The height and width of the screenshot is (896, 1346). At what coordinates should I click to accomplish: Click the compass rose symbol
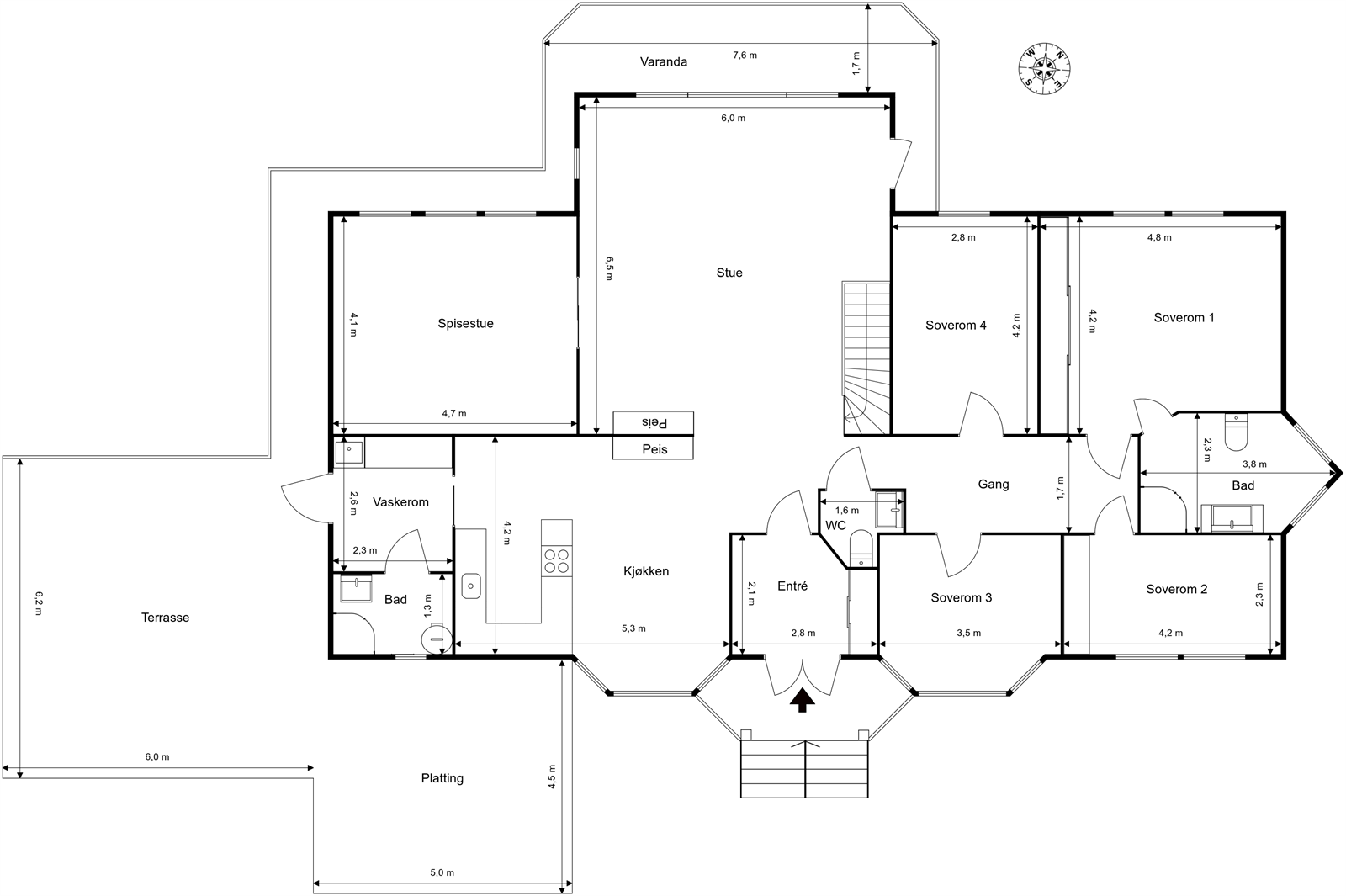(1044, 68)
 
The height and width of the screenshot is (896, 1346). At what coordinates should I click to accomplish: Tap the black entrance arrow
(803, 701)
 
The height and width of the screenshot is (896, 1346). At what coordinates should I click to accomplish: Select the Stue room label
(729, 273)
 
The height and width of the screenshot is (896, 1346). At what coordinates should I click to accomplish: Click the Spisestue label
(466, 323)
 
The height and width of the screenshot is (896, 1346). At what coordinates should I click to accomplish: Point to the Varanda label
(664, 62)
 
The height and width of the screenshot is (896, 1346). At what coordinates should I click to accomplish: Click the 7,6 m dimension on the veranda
(745, 56)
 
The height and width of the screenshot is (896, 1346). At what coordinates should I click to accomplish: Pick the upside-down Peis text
(654, 423)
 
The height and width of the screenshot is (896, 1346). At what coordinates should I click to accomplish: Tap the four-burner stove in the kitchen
(556, 561)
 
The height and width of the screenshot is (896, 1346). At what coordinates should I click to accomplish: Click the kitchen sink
(471, 586)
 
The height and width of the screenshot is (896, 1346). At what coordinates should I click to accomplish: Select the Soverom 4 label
(956, 326)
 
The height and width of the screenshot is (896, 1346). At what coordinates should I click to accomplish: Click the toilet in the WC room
(861, 549)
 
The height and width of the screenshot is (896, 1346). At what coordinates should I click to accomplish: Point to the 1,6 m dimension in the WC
(847, 510)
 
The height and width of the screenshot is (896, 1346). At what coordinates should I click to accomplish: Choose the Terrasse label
(165, 618)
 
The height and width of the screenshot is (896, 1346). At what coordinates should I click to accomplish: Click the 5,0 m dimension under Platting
(442, 872)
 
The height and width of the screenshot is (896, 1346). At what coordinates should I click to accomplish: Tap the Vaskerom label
(400, 502)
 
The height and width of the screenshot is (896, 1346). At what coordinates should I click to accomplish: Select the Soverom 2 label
(1177, 590)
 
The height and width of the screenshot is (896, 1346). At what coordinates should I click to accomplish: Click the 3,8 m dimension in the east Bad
(1254, 464)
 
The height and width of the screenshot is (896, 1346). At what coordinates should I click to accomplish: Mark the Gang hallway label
(994, 485)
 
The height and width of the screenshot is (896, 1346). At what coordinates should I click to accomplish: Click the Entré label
(792, 586)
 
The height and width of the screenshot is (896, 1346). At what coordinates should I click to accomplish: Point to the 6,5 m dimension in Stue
(609, 268)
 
